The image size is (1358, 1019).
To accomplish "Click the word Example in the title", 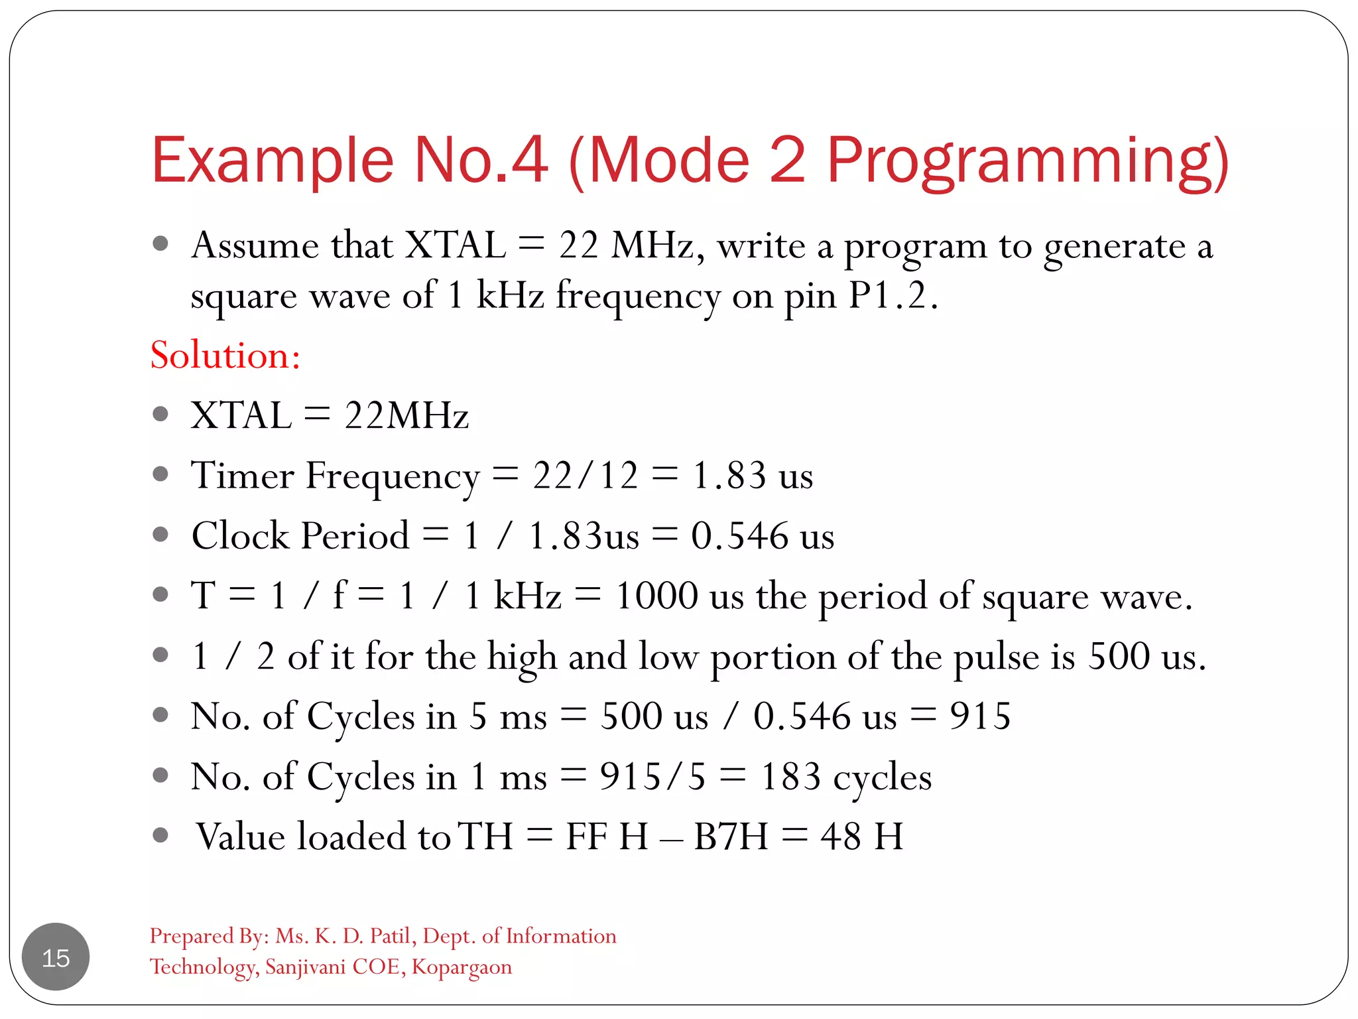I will [x=272, y=161].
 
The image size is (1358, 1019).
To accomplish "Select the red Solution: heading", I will [x=225, y=356].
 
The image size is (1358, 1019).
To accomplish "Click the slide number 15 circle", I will [x=56, y=957].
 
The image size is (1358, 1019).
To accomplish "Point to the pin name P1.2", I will [x=893, y=296].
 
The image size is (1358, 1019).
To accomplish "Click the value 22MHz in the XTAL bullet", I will [x=406, y=416].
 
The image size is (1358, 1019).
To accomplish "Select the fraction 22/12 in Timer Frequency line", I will [x=586, y=476].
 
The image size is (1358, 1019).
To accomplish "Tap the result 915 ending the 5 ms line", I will [x=980, y=716].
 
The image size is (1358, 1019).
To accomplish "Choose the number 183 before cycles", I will [x=790, y=777].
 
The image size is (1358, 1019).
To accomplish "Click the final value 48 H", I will [x=861, y=837].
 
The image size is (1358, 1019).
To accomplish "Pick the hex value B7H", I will [x=731, y=837].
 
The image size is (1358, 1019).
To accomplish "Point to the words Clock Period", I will [x=300, y=536].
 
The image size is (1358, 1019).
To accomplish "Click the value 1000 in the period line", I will [x=656, y=596].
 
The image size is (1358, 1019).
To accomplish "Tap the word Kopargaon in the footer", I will [x=462, y=967].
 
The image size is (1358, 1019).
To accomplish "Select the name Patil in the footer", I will [x=393, y=936].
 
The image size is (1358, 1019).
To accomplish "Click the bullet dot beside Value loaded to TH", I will [x=160, y=835].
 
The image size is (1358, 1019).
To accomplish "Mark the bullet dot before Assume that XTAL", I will [x=160, y=243].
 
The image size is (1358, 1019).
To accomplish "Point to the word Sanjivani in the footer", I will [x=306, y=967].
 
